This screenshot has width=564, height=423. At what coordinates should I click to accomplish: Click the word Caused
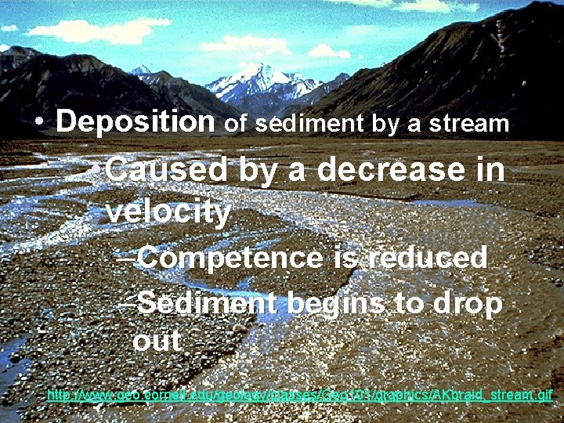167,170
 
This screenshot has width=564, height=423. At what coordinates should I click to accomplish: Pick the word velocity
168,211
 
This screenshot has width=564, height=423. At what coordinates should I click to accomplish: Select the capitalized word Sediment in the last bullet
207,303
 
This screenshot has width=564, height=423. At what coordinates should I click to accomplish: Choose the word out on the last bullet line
157,342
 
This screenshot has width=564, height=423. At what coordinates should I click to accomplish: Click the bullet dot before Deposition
38,123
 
